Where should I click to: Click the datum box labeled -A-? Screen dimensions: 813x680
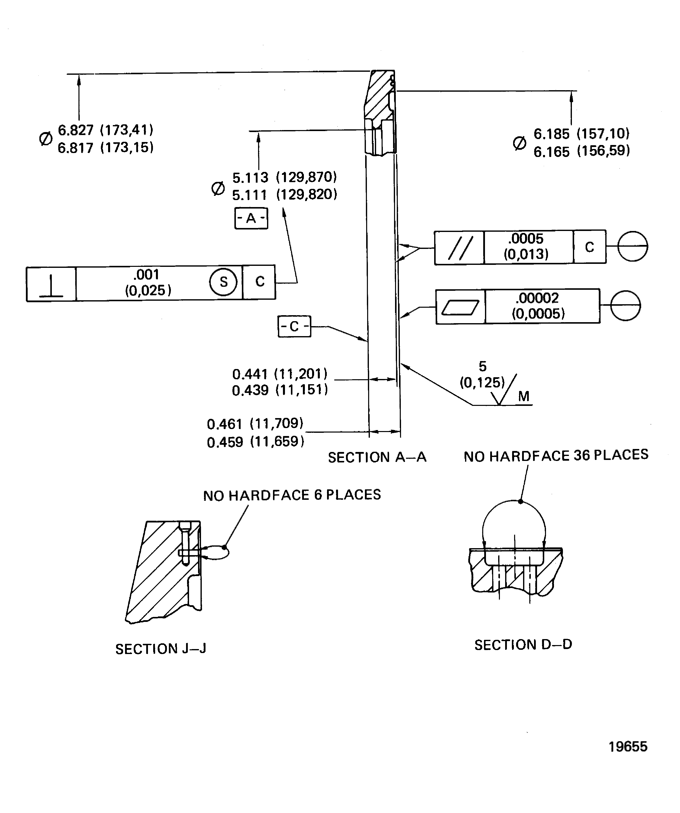coord(251,218)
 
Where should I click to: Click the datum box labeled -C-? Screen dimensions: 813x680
coord(294,326)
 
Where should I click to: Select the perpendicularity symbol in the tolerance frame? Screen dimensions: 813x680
coord(51,284)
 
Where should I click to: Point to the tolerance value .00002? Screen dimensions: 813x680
coord(537,298)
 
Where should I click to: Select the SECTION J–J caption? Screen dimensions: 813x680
coord(161,649)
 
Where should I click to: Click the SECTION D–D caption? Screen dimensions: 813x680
coord(523,645)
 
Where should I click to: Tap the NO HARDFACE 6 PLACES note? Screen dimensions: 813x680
coord(292,495)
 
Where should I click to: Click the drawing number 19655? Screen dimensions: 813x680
coord(628,746)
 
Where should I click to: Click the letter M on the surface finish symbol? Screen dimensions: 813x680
coord(523,396)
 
